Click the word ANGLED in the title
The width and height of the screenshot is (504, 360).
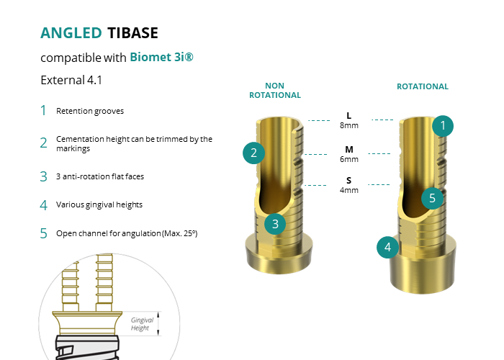tap(71, 33)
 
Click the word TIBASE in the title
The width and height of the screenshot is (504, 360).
tap(132, 33)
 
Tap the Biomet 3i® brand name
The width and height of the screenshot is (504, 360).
tap(162, 57)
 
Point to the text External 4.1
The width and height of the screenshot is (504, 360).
tap(71, 80)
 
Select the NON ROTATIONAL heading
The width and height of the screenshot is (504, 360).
tap(275, 90)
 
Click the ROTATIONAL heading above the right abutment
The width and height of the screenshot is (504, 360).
tap(423, 86)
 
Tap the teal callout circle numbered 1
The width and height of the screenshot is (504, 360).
tap(443, 126)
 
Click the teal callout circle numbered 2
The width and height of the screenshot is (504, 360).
tap(253, 153)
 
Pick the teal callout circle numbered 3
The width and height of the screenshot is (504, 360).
tap(275, 224)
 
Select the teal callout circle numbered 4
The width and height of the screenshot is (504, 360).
tap(387, 247)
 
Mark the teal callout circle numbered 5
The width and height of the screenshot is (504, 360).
tap(432, 198)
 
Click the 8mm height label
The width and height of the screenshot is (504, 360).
tap(349, 125)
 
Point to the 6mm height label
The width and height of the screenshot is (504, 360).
tap(349, 159)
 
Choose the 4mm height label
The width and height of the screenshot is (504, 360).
tap(349, 190)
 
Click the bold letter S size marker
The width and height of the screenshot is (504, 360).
tap(348, 180)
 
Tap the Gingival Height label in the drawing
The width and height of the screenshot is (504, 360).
tap(142, 324)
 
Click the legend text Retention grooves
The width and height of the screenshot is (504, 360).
tap(90, 111)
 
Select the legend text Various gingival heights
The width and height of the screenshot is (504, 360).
tap(99, 204)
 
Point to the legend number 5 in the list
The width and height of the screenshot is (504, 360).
tap(43, 233)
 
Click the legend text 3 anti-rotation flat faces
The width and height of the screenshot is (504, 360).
tap(100, 176)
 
